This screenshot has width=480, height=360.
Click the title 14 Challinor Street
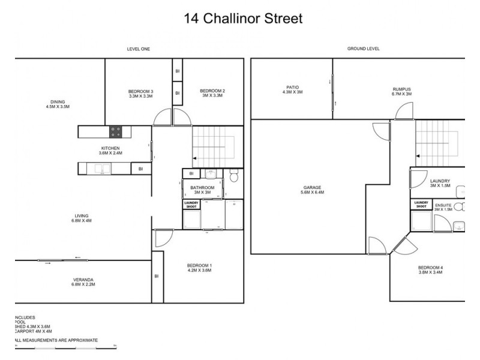coord(243,19)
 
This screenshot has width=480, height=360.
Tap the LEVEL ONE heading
coord(138,49)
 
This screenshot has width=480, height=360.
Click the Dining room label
coord(58,104)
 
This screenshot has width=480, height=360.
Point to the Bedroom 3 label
coord(140,93)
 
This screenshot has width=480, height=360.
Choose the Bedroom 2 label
coord(212,93)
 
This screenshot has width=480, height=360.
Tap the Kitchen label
coord(110,151)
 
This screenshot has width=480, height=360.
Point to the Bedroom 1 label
coord(200,268)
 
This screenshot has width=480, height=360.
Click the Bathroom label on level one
coord(203,190)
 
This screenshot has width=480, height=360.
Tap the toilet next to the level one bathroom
coord(235,176)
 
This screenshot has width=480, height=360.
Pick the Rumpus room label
coord(401,91)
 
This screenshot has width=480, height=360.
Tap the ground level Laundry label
coord(440,183)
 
